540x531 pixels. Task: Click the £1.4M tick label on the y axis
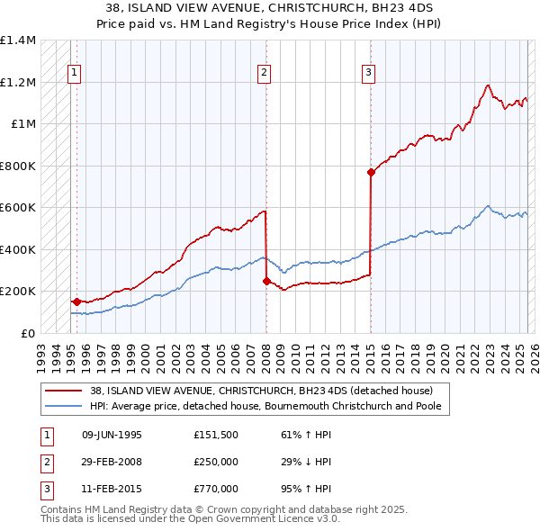click(18, 40)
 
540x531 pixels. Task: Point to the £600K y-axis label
click(18, 208)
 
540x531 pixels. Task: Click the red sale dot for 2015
click(371, 172)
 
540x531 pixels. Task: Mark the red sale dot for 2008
click(266, 281)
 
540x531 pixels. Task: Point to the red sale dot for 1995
click(76, 301)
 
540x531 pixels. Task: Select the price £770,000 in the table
click(216, 489)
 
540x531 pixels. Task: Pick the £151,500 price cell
click(216, 434)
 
